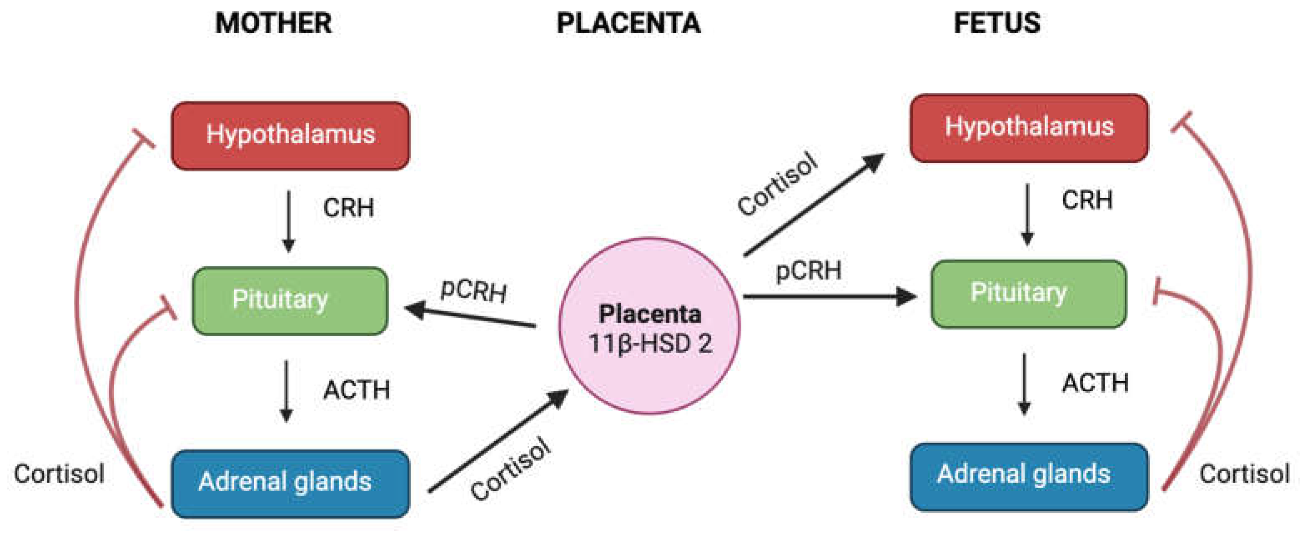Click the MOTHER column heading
[x=273, y=24]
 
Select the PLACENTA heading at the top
[x=628, y=24]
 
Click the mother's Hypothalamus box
[x=290, y=136]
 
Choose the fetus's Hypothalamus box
[x=1029, y=128]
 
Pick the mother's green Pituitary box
[x=290, y=301]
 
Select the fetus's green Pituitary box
[x=1029, y=294]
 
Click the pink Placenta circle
[x=649, y=283]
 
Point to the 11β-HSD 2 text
[x=650, y=344]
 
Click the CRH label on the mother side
[x=348, y=208]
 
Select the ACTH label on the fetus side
[x=1095, y=383]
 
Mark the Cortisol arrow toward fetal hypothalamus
[x=815, y=204]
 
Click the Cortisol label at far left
[x=59, y=474]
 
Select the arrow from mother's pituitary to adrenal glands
[x=287, y=390]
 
